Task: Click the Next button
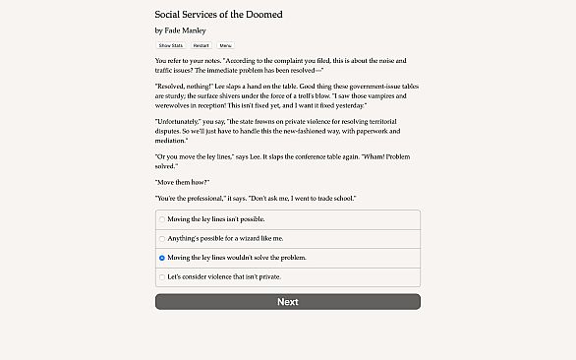coord(287,302)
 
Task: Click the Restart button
coord(201,45)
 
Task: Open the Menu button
coord(226,45)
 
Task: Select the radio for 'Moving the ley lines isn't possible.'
coord(162,218)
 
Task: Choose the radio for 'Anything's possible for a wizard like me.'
coord(162,238)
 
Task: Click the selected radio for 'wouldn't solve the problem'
coord(162,258)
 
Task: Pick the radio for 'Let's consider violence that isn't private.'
coord(162,277)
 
